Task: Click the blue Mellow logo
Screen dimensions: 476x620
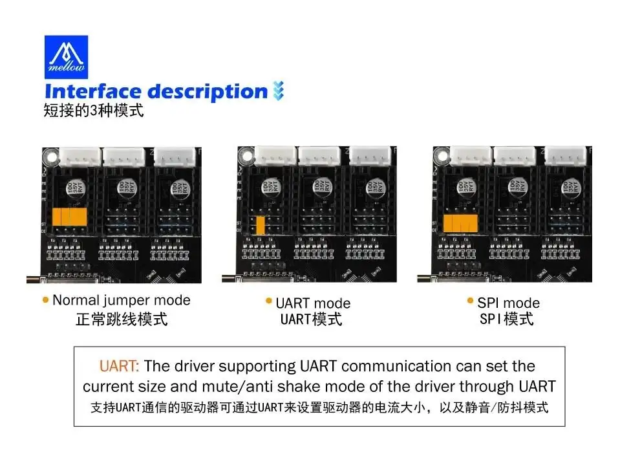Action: click(66, 57)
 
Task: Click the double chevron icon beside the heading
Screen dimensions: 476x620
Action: click(279, 91)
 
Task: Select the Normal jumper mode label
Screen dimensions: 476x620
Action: click(122, 300)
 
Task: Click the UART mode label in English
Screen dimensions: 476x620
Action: click(313, 303)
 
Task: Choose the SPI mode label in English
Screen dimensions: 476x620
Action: click(508, 303)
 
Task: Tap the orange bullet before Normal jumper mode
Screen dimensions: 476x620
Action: click(45, 300)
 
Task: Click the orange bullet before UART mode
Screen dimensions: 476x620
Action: click(269, 302)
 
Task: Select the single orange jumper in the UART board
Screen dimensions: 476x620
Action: click(260, 225)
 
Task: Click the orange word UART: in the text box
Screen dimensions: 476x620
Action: click(119, 366)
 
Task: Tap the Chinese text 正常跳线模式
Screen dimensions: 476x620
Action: click(122, 319)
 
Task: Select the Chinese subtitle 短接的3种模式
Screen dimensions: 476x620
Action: click(93, 111)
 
